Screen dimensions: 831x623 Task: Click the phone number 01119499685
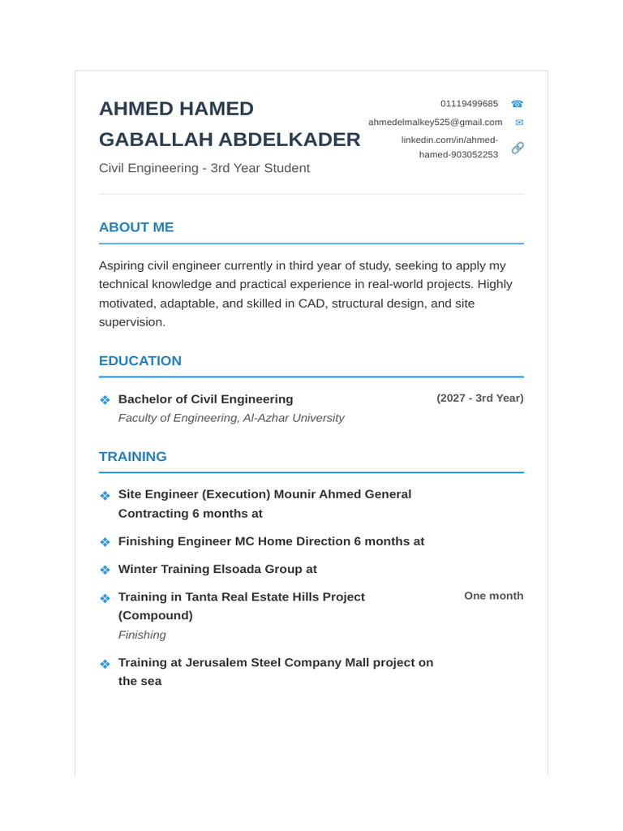tap(469, 104)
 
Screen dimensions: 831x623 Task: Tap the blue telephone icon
tap(517, 104)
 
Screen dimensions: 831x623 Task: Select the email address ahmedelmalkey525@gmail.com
tap(435, 122)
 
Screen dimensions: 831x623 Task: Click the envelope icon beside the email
tap(519, 123)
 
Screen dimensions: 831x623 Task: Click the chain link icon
tap(518, 148)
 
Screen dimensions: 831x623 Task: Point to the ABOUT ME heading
tap(136, 227)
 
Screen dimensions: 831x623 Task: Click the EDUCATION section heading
tap(140, 361)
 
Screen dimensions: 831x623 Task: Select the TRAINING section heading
tap(133, 457)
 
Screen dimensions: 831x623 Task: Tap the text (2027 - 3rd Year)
tap(479, 398)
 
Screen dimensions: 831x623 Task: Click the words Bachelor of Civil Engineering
tap(205, 399)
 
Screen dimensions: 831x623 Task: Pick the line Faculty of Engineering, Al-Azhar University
tap(231, 418)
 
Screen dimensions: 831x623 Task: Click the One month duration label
tap(493, 596)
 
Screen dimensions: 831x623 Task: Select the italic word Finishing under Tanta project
tap(142, 635)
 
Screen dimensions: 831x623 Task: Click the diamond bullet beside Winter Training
tap(105, 570)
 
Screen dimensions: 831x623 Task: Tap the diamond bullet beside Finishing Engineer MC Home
tap(105, 542)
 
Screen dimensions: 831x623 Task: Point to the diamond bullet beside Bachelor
tap(105, 400)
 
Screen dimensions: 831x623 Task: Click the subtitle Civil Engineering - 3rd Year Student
tap(204, 168)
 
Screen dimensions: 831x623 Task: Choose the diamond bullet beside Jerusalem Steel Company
tap(105, 664)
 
